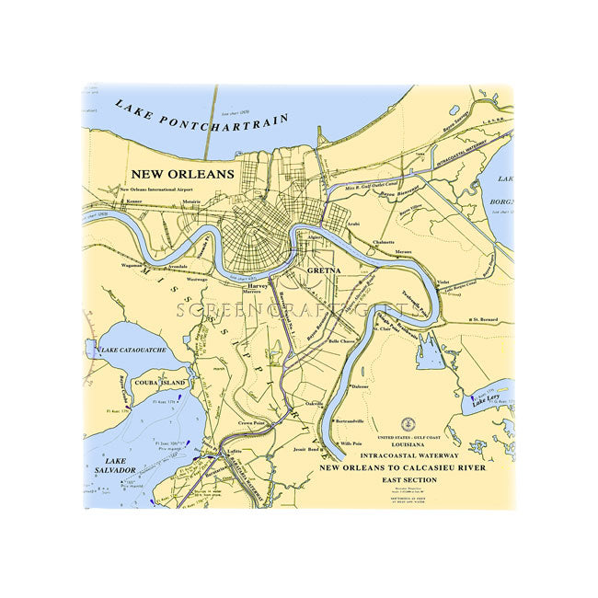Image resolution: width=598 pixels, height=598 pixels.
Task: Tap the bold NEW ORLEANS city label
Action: (182, 173)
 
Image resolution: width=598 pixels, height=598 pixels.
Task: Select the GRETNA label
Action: (323, 271)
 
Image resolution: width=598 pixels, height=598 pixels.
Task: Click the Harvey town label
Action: (258, 286)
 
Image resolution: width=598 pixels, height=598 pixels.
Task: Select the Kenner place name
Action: (134, 200)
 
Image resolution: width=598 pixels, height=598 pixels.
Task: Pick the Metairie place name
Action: (191, 201)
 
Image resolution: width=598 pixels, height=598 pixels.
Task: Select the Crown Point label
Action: (251, 423)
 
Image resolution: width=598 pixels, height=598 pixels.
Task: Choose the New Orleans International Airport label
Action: (163, 190)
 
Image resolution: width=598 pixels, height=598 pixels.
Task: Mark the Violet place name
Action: (443, 282)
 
